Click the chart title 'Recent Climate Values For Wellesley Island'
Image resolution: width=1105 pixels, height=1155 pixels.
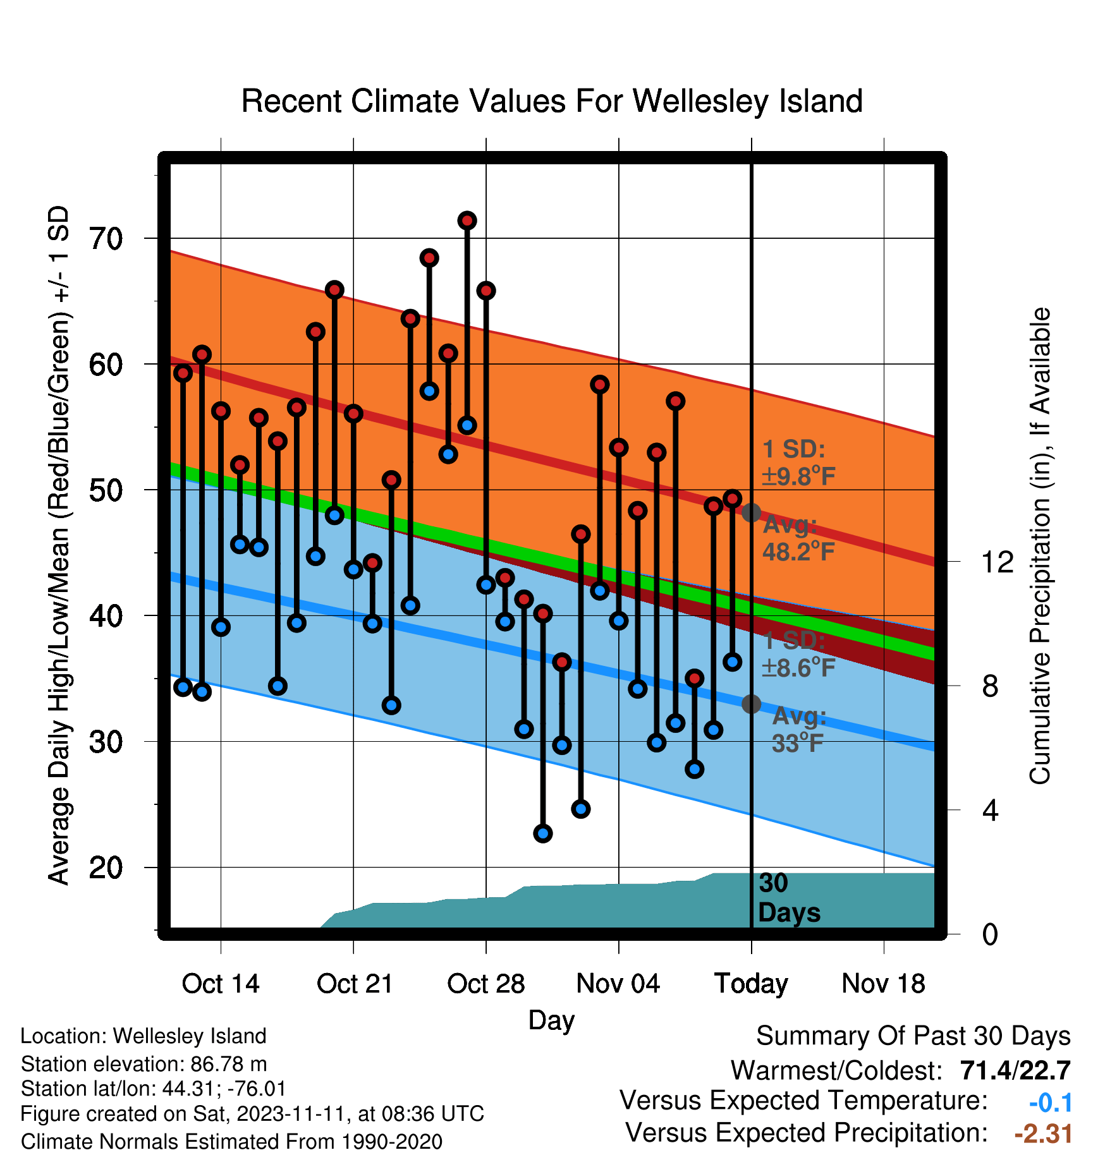(x=552, y=101)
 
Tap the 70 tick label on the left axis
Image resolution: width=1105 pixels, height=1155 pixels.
(x=106, y=239)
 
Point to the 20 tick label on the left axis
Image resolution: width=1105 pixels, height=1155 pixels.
(x=106, y=868)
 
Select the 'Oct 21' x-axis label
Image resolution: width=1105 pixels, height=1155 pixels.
(x=355, y=984)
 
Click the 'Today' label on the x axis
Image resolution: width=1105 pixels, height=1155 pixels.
(x=751, y=984)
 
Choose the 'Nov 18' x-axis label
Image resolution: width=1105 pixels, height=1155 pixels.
(x=884, y=984)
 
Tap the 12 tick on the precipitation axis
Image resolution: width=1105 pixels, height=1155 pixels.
(x=997, y=562)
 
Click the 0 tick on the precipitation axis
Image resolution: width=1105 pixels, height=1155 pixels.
(x=990, y=934)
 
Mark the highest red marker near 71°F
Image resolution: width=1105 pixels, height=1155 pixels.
(x=467, y=221)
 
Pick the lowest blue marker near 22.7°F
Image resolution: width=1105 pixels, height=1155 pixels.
(x=543, y=833)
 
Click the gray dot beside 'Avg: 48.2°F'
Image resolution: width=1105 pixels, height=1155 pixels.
(x=751, y=512)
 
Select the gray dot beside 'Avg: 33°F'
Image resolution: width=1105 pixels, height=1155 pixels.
(x=751, y=704)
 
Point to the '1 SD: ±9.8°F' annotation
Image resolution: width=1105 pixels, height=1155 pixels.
(x=798, y=463)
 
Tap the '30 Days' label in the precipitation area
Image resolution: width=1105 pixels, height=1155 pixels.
(x=789, y=898)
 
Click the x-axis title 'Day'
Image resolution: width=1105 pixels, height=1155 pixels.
(x=551, y=1020)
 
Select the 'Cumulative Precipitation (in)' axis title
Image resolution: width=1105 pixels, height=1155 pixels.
(x=1040, y=546)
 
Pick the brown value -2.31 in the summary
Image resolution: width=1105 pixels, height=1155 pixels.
(x=1043, y=1134)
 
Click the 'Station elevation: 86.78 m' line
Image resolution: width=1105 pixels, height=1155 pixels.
(x=143, y=1064)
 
